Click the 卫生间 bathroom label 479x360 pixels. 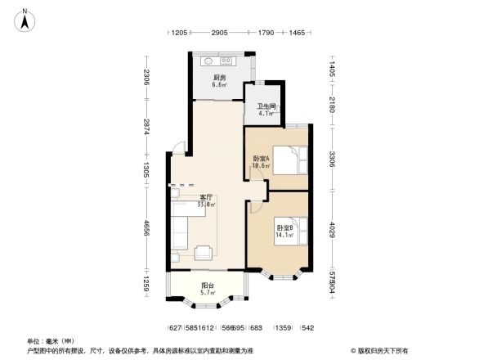point(266,107)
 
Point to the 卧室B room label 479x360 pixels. point(284,227)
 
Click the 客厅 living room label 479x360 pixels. point(207,197)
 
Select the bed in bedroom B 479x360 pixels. point(296,232)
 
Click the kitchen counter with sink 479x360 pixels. point(219,61)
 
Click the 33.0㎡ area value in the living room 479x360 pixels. point(208,205)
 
